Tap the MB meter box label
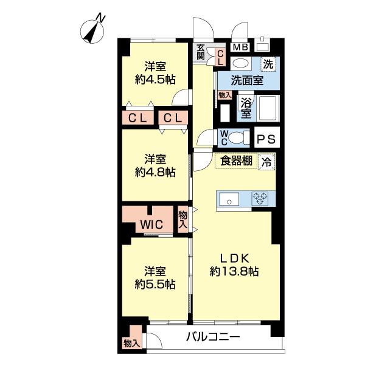point(240,47)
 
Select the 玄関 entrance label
point(201,52)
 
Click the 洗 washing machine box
point(268,61)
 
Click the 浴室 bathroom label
point(246,108)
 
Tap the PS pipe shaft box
point(265,139)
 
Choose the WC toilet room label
point(224,138)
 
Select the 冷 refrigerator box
point(266,162)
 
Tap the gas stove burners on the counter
point(261,198)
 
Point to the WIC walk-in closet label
point(151,224)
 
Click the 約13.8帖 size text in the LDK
point(234,272)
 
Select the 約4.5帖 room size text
point(155,79)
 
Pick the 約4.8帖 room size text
point(155,172)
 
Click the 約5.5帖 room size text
point(155,284)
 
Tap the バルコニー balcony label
point(214,338)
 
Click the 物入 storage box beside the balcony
point(131,344)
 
